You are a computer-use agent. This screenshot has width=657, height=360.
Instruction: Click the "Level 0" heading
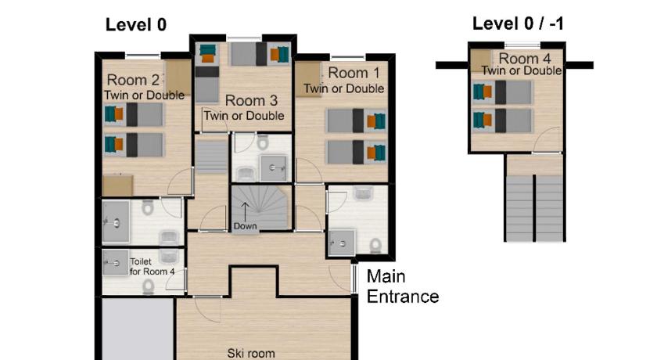(x=136, y=25)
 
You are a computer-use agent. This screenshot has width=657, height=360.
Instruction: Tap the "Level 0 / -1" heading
(x=518, y=23)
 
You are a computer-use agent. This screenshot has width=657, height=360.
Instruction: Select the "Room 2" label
(x=133, y=80)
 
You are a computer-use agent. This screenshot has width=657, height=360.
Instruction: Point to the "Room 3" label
(x=251, y=101)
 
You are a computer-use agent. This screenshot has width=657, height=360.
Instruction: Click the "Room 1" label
(x=354, y=73)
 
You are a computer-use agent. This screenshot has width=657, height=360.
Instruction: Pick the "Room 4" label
(x=525, y=58)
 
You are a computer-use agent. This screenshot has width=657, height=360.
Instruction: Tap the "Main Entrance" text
(x=402, y=286)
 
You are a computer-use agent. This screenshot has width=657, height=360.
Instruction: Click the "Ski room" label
(x=251, y=353)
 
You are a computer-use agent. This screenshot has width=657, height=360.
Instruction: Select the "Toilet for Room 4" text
(x=152, y=267)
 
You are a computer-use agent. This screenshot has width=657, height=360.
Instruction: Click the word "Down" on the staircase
(x=245, y=226)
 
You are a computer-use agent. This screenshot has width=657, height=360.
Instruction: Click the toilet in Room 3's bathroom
(x=263, y=142)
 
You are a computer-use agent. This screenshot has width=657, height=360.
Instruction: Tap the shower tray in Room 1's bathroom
(x=342, y=243)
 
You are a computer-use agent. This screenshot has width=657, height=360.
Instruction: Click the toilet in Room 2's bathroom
(x=148, y=207)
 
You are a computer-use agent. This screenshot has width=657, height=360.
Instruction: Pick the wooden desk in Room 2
(x=118, y=185)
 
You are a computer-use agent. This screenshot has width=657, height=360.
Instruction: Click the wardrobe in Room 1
(x=308, y=79)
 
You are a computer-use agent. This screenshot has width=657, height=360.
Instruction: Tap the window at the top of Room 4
(x=522, y=45)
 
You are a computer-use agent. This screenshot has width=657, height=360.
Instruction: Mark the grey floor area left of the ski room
(x=138, y=329)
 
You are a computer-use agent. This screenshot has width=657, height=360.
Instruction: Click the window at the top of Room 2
(x=143, y=56)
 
